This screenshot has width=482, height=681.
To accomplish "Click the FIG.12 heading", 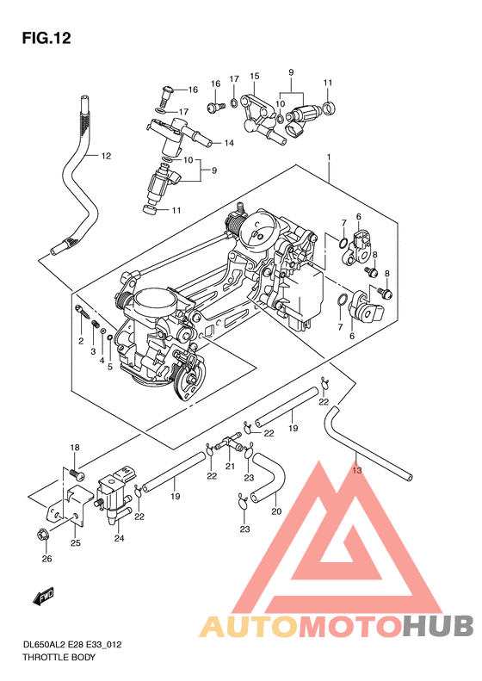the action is point(46,38).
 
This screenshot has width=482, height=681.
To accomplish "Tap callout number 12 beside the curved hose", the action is point(107,156).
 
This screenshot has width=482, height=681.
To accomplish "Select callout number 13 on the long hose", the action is point(356,470).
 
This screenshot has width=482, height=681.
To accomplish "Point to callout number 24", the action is point(120,538).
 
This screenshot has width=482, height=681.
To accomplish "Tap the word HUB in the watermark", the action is point(438,626).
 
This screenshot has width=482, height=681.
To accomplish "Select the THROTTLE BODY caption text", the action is point(59,657).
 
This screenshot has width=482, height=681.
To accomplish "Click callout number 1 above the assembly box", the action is point(329,157).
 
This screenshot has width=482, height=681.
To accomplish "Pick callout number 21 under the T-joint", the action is point(230,466).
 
